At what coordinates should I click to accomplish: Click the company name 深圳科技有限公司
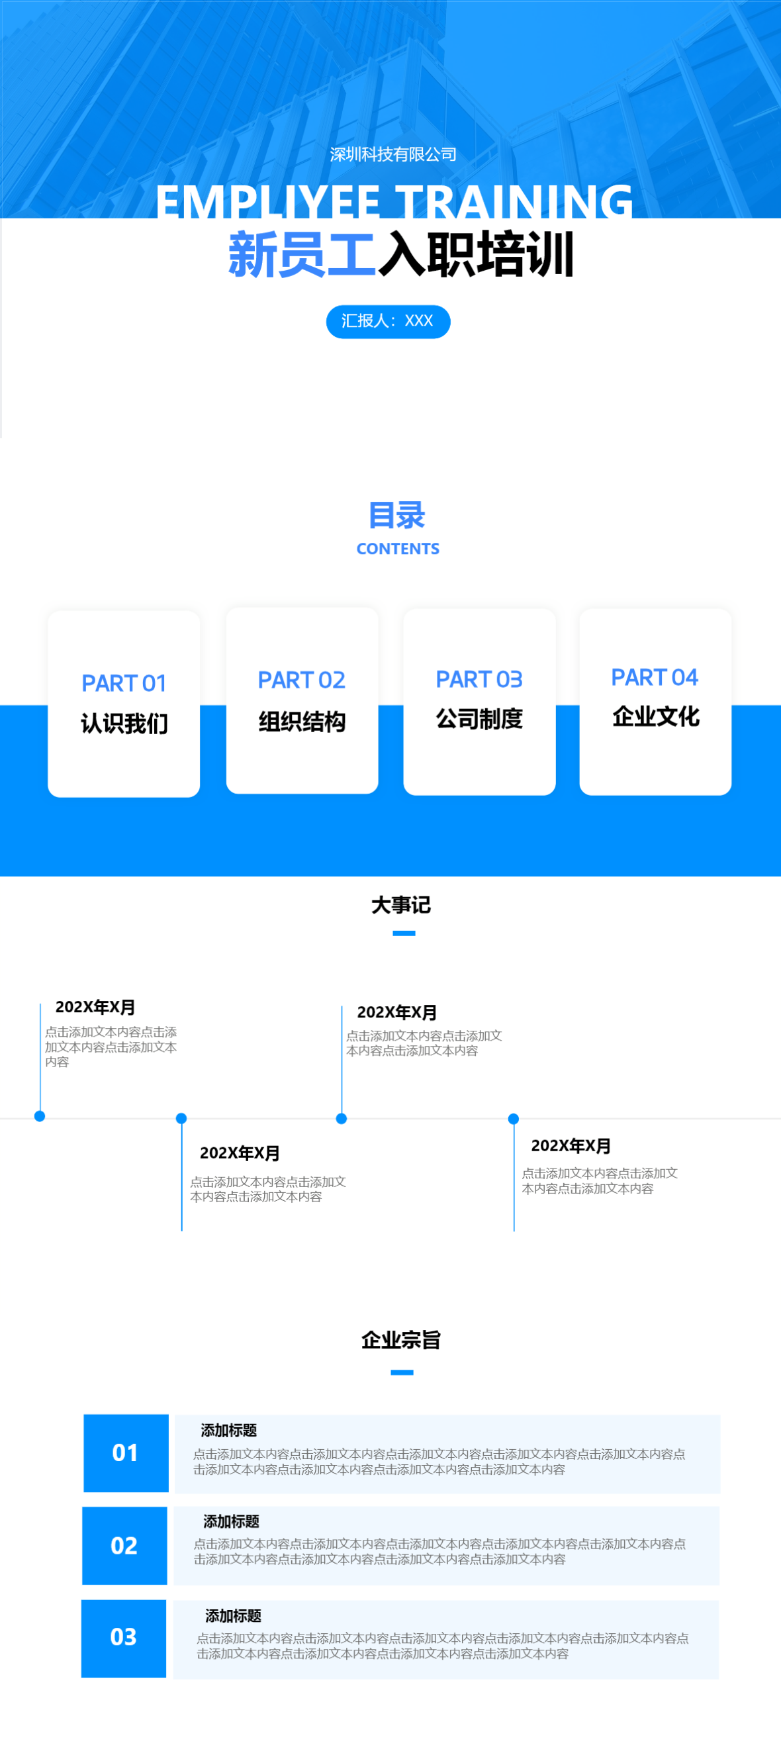tap(392, 154)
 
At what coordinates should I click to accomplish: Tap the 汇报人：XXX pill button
tap(388, 321)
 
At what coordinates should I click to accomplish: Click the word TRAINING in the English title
tap(514, 202)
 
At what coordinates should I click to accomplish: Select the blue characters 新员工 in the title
tap(301, 254)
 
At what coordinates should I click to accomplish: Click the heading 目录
tap(396, 515)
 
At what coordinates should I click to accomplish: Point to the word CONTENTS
tap(398, 549)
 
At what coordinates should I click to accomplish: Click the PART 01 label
tap(124, 683)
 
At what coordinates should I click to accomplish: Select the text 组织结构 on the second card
tap(301, 722)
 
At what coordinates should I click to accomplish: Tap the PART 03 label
tap(479, 679)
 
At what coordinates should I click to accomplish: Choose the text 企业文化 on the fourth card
tap(655, 716)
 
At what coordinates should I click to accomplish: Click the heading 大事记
tap(400, 905)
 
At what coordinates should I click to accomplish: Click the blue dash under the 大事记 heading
tap(404, 933)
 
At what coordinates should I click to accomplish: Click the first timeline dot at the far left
tap(40, 1116)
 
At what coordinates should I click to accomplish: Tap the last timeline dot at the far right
tap(514, 1119)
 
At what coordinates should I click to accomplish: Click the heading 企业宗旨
tap(400, 1340)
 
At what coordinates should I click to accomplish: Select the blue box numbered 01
tap(126, 1453)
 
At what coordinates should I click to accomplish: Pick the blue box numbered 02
tap(124, 1545)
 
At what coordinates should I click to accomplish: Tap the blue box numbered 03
tap(124, 1637)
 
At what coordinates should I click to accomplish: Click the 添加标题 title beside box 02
tap(231, 1521)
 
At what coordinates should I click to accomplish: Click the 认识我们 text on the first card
tap(124, 724)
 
